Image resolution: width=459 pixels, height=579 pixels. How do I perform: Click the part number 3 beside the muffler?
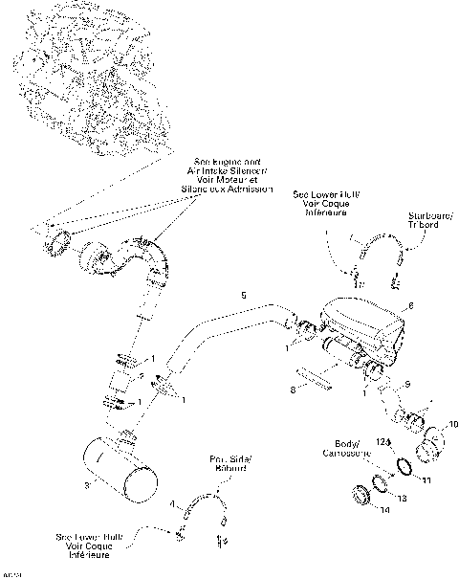87,487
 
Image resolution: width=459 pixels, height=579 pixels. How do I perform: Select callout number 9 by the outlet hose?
407,384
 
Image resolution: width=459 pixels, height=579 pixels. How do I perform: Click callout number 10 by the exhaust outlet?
452,422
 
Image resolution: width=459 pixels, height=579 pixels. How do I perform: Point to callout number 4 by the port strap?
172,502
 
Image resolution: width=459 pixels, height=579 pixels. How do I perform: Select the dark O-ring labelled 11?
405,467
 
